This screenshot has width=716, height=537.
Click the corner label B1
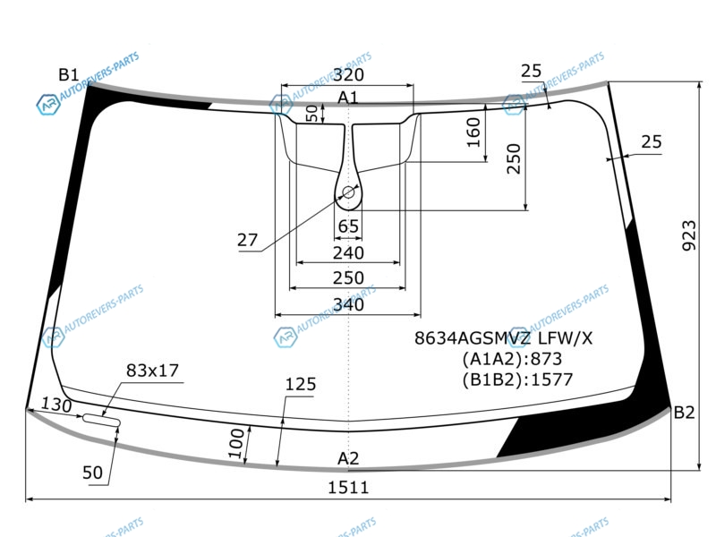point(69,74)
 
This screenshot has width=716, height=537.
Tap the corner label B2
point(684,413)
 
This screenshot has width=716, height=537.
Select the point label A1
point(348,98)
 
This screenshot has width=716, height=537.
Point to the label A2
point(348,458)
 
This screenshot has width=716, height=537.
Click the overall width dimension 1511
point(348,488)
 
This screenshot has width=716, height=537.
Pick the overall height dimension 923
point(689,235)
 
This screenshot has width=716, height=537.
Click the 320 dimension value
point(348,74)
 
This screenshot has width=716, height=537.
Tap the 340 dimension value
point(348,304)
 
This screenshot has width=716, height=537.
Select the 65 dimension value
point(348,226)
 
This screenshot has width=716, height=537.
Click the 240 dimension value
point(348,252)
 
